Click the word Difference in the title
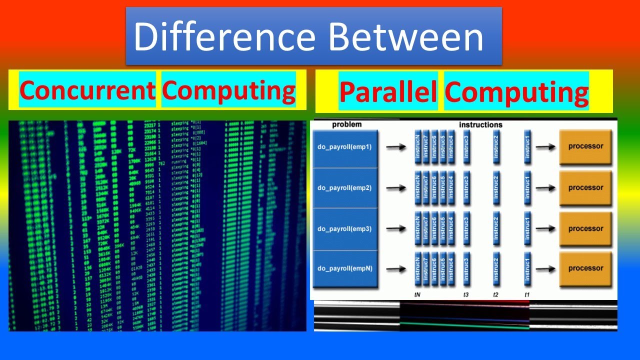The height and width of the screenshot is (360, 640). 224,37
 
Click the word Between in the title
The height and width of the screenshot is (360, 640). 405,37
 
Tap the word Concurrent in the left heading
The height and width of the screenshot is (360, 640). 87,90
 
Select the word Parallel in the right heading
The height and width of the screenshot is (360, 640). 388,92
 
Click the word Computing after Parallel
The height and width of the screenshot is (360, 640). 516,92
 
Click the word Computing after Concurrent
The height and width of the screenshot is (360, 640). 228,90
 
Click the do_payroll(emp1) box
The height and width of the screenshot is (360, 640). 344,147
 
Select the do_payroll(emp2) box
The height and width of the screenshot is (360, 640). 344,188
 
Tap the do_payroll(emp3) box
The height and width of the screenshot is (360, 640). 344,229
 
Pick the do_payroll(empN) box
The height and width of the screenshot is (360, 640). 344,268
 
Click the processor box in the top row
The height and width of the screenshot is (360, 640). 585,146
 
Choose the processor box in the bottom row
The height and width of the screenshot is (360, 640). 585,268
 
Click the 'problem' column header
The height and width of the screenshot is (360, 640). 346,124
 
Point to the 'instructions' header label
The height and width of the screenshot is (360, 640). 480,124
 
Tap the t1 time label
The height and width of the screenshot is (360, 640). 527,294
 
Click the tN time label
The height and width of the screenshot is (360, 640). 417,294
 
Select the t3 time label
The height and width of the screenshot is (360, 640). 466,294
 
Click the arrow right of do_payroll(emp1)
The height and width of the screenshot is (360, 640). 396,147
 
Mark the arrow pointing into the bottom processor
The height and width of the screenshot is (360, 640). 545,268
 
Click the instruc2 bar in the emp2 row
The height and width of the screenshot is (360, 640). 496,188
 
